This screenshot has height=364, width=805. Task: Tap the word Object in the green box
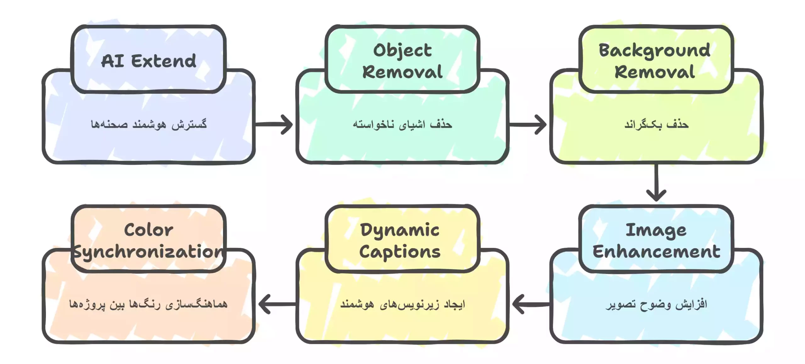pos(402,50)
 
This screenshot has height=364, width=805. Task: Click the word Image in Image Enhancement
pos(656,230)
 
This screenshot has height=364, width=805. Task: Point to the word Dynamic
pos(400,230)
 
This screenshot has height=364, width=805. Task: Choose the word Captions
pos(400,252)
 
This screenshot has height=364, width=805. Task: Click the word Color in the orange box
pos(148,230)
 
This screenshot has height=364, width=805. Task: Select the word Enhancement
pos(656,252)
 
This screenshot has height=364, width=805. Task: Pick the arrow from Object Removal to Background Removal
pos(528,125)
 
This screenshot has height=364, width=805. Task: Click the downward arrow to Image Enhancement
pos(656,182)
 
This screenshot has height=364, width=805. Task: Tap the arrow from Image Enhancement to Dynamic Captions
pos(531,304)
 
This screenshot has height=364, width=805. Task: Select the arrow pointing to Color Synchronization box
pos(277,304)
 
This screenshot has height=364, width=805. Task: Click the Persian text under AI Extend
pos(149,124)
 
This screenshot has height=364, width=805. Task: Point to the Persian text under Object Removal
pos(402,124)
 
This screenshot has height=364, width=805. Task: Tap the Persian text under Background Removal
pos(656,124)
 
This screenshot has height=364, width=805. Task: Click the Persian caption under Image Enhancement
pos(656,304)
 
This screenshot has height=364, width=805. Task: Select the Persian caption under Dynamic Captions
pos(402,304)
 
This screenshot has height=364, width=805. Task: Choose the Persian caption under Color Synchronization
pos(148,304)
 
